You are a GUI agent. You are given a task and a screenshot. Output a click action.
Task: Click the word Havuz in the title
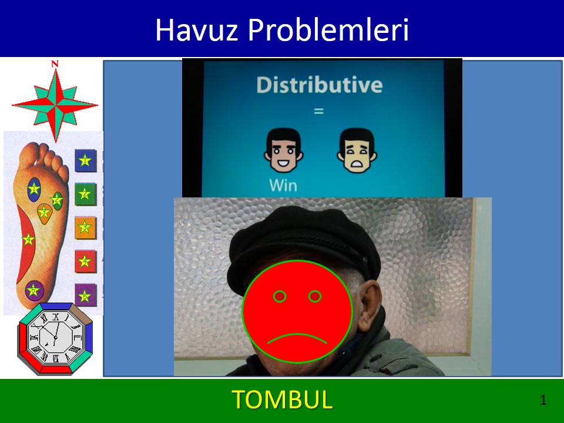[197, 29]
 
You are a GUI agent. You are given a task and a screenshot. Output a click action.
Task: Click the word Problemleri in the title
[328, 29]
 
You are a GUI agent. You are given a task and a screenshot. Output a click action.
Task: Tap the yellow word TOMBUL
[282, 399]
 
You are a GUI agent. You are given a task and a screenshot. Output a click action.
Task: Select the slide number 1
[543, 400]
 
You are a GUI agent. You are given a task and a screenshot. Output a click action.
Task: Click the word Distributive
[320, 85]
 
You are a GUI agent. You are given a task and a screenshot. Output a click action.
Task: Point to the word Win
[283, 185]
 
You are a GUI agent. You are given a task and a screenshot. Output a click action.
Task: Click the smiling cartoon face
[283, 150]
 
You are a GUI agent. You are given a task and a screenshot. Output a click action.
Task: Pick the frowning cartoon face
[357, 150]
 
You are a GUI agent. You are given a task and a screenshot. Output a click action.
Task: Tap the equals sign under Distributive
[318, 111]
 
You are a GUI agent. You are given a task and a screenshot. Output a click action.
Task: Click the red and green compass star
[55, 105]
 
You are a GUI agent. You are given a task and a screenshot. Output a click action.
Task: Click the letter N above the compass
[55, 64]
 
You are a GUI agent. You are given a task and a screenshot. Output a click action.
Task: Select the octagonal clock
[55, 338]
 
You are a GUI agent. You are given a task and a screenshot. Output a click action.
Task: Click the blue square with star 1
[85, 160]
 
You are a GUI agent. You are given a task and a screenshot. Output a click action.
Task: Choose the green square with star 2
[85, 194]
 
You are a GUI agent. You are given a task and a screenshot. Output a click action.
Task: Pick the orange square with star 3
[85, 227]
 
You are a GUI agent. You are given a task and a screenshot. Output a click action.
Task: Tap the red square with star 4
[85, 261]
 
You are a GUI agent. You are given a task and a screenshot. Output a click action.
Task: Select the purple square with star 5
[85, 295]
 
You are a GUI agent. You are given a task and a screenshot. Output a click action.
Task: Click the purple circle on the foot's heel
[34, 290]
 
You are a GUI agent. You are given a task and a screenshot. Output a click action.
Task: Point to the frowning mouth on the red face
[297, 338]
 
